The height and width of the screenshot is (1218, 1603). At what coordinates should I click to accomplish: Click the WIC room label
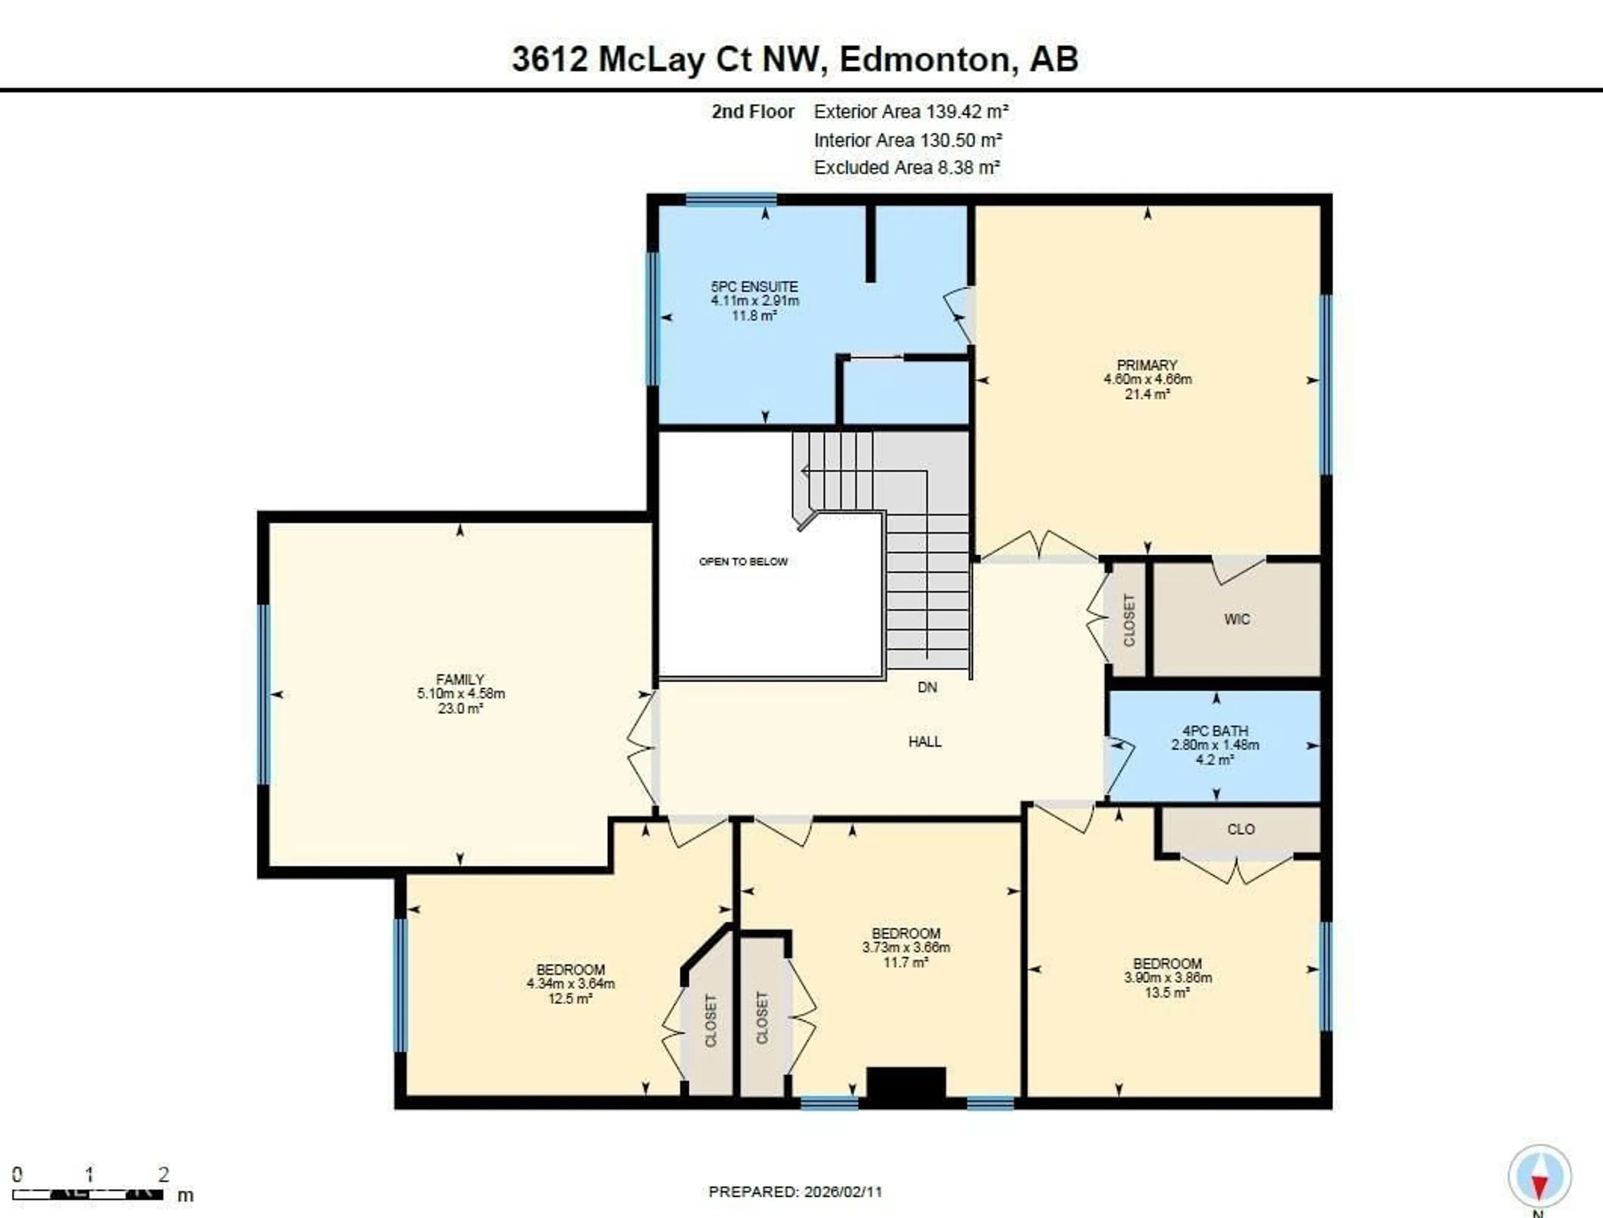coord(1236,619)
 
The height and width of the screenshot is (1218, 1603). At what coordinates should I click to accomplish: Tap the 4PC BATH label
coord(1215,731)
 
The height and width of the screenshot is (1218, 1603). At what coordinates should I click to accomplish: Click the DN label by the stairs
coord(927,687)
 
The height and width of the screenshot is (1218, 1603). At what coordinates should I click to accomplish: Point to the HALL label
coord(925,741)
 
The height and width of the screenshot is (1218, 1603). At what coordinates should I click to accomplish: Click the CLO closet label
coord(1241,829)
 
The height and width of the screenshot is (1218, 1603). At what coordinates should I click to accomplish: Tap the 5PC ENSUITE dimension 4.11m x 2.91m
coord(754,301)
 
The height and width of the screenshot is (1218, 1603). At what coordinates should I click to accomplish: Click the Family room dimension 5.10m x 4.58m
coord(460,694)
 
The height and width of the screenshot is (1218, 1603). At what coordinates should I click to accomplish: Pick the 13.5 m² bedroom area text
coord(1167,993)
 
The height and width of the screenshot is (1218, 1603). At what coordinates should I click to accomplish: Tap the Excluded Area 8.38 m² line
coord(907,167)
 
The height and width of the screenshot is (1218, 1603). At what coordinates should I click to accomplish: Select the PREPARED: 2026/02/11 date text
coord(795,1192)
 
